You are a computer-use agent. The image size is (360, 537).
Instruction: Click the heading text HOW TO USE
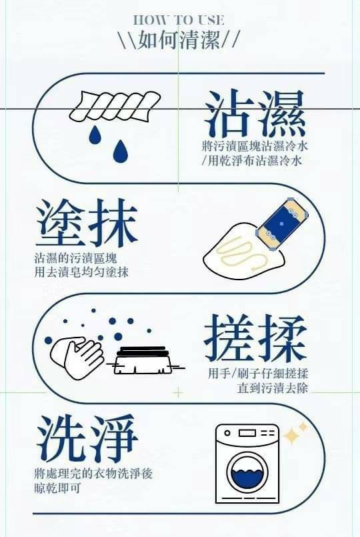[x=179, y=20]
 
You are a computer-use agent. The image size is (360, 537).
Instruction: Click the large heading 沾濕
[x=255, y=113]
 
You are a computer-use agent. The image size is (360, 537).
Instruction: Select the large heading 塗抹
[x=86, y=223]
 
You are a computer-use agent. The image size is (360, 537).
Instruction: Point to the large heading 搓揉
[x=255, y=339]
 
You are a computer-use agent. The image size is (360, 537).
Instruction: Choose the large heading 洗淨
[x=87, y=439]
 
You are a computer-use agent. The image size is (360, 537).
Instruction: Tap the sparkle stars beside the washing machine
[x=295, y=433]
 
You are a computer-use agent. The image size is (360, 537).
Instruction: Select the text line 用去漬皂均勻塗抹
[x=81, y=272]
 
